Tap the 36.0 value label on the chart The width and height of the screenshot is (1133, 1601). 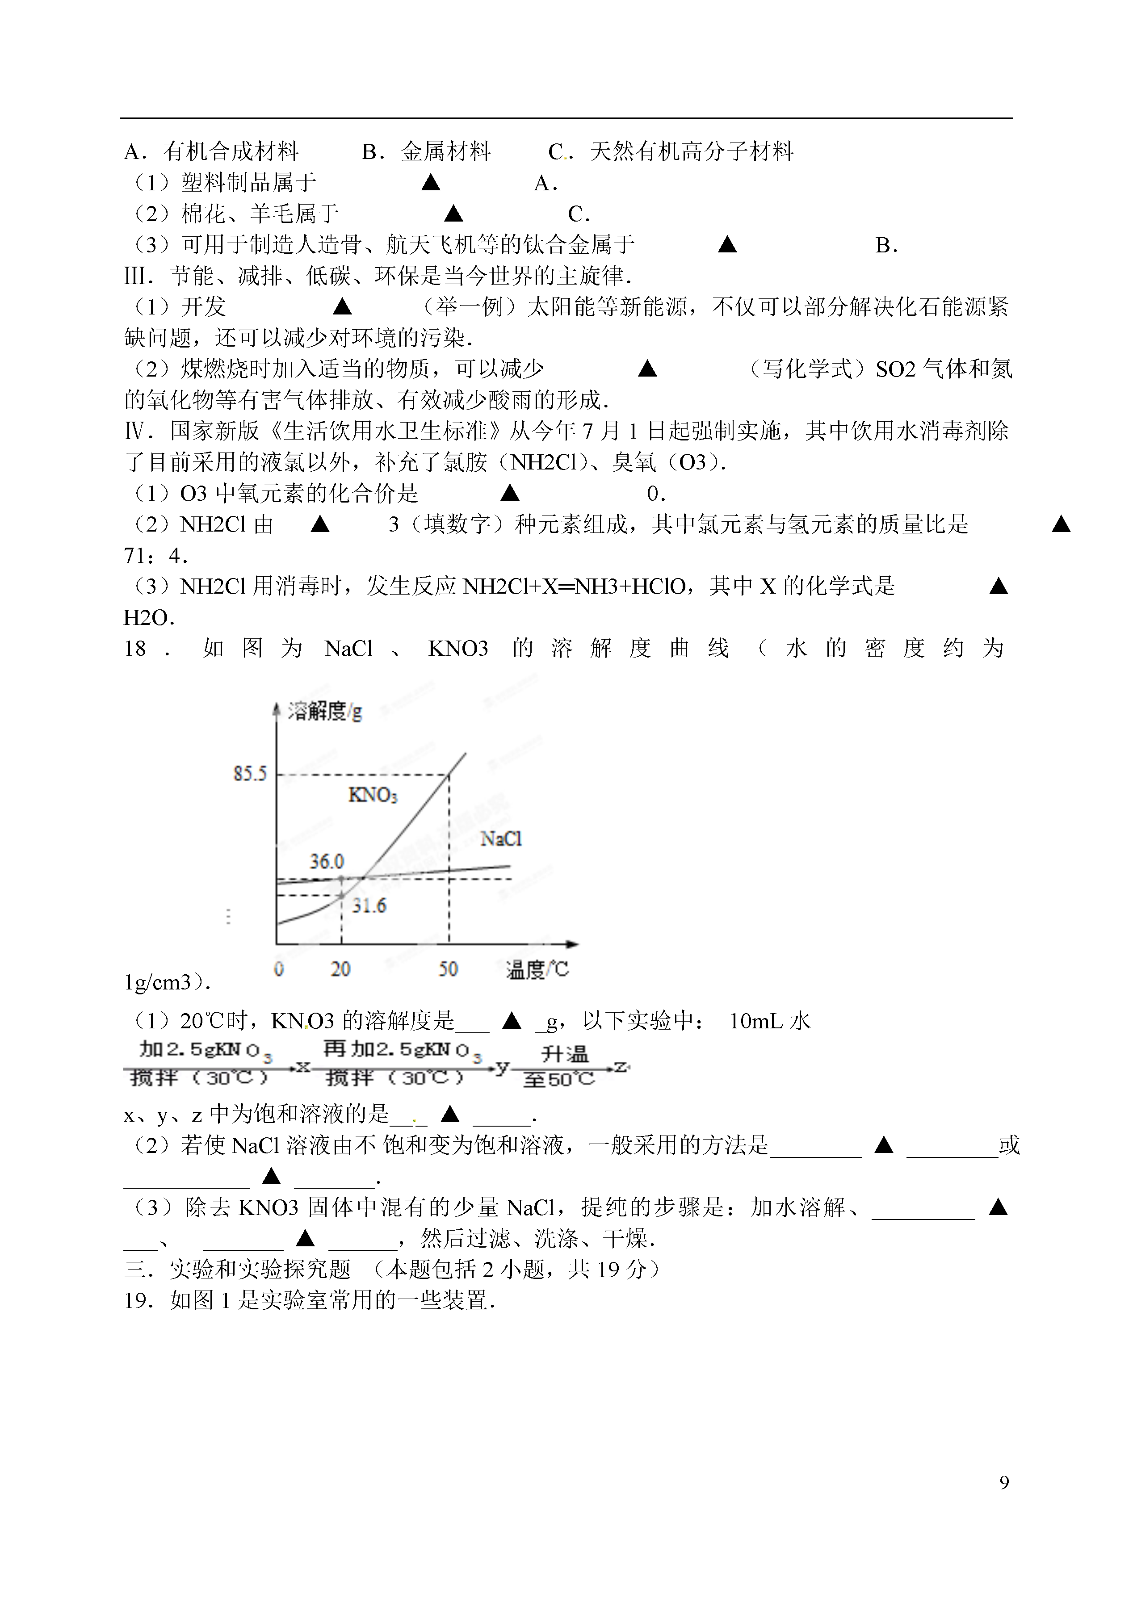[x=327, y=862]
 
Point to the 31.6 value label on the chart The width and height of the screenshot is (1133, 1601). [x=369, y=906]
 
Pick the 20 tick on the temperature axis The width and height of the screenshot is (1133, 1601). [x=340, y=969]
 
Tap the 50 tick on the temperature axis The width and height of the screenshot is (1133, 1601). [x=448, y=969]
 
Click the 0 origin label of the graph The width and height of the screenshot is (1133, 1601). [x=279, y=969]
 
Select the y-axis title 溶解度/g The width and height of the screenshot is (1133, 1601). [x=325, y=712]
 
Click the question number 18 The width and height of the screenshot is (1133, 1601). [x=135, y=649]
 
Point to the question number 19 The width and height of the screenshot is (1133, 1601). [x=137, y=1300]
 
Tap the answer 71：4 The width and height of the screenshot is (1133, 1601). [x=155, y=556]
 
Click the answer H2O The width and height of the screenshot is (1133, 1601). [x=148, y=617]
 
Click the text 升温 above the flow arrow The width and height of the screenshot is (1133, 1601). [x=564, y=1053]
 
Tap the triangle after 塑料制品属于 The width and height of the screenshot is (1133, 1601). [x=431, y=183]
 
